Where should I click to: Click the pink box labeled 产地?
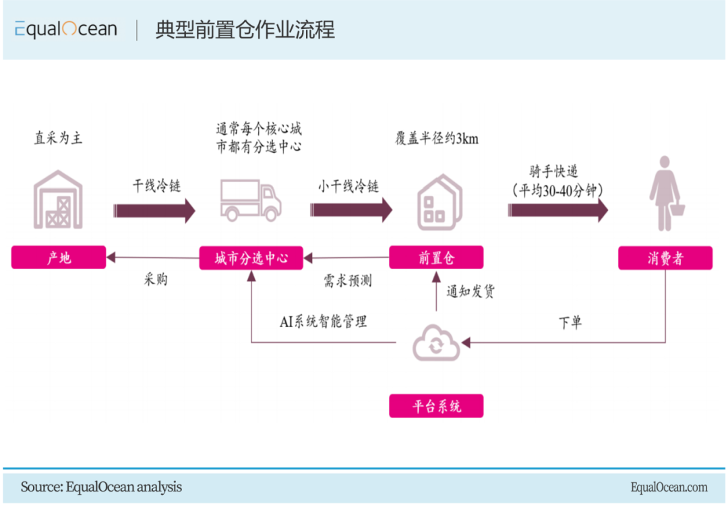click(59, 258)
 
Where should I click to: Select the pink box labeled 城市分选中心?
click(251, 258)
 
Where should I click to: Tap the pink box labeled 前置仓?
click(436, 258)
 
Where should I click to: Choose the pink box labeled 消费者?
click(665, 258)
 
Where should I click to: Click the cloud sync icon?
click(436, 344)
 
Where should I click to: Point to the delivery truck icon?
click(250, 200)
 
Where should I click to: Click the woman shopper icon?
click(665, 192)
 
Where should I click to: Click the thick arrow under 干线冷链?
click(154, 210)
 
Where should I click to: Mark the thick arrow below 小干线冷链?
click(351, 210)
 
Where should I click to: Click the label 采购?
click(156, 279)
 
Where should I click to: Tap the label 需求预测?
click(348, 280)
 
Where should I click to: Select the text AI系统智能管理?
click(324, 321)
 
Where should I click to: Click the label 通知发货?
click(471, 293)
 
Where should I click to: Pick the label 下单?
click(570, 322)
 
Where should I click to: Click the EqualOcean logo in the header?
click(66, 29)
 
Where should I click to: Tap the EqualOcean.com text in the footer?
click(669, 487)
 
